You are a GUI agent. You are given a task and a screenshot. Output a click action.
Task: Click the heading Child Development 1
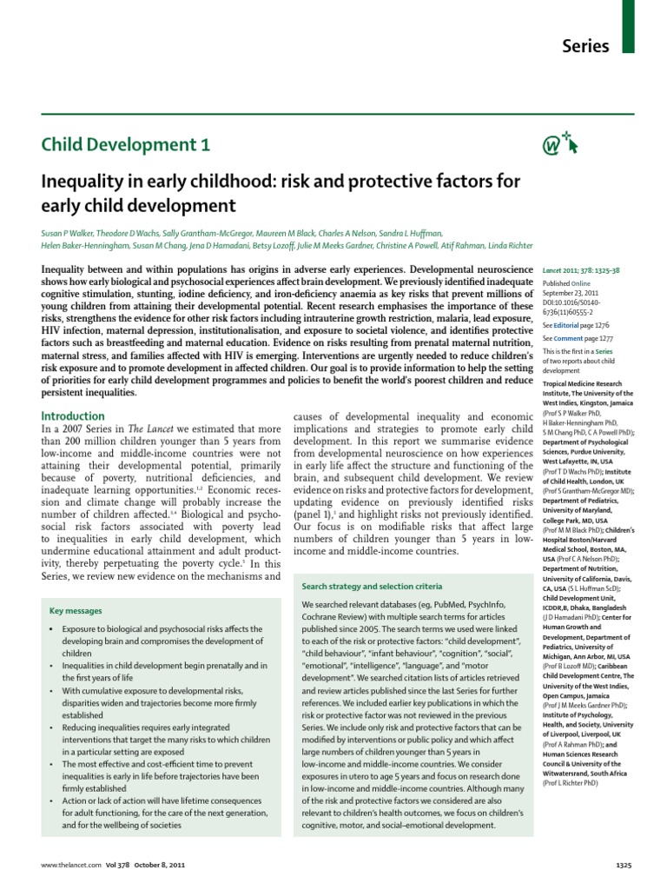point(126,145)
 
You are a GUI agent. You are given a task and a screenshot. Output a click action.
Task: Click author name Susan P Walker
point(66,233)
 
